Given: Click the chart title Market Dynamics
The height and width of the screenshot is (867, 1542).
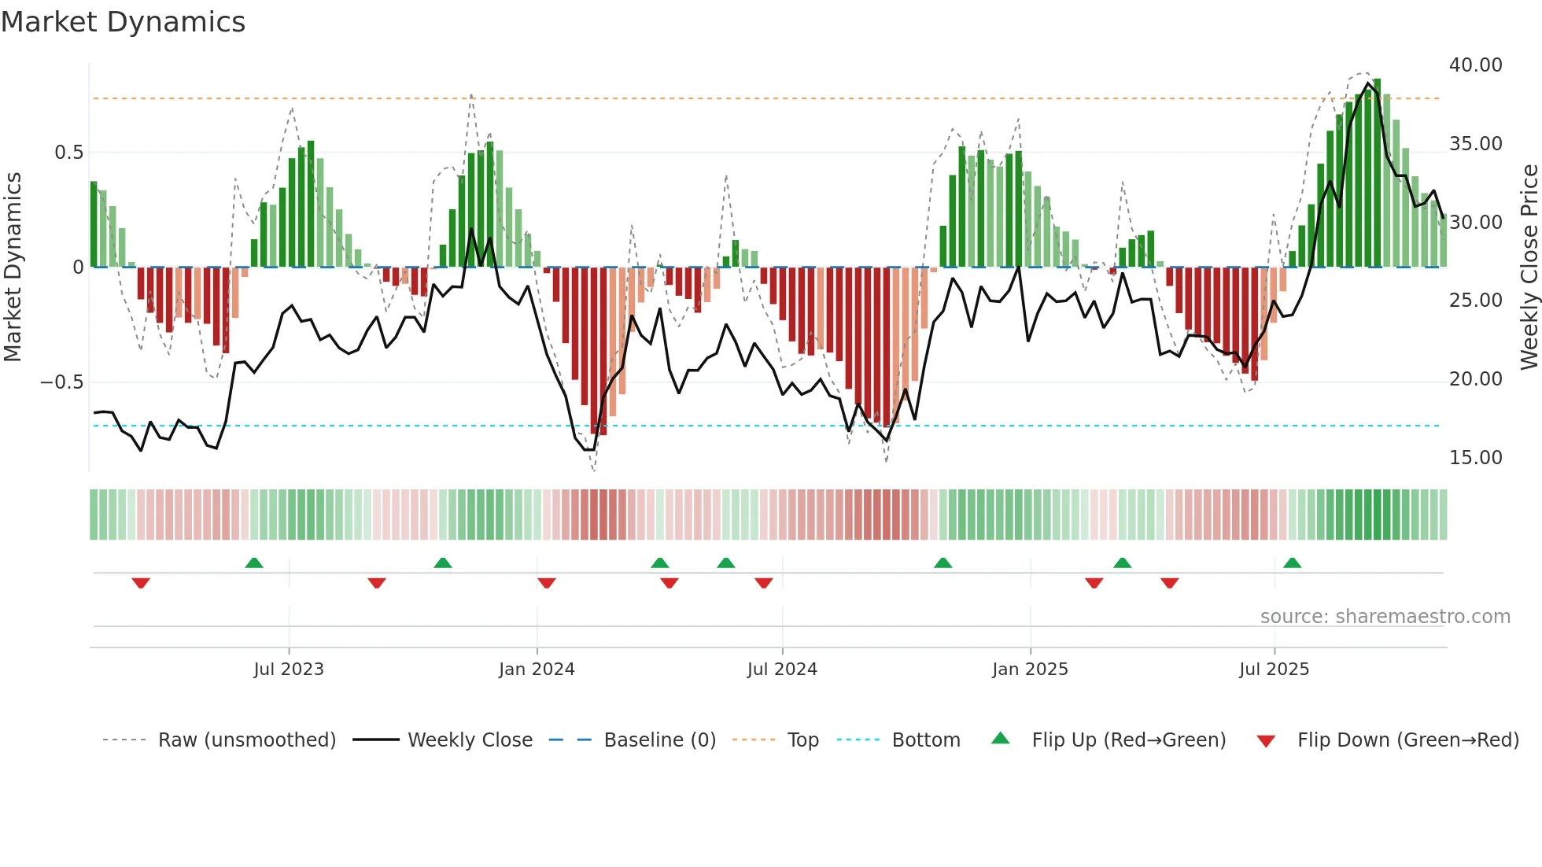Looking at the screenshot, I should (x=124, y=22).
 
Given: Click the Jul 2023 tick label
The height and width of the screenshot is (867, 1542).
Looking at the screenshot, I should (x=289, y=670).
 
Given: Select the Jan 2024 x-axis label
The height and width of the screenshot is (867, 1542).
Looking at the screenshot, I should (x=537, y=670).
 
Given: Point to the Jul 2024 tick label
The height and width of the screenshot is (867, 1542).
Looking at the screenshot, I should (x=782, y=670).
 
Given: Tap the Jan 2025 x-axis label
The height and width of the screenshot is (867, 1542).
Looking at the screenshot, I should (x=1030, y=670).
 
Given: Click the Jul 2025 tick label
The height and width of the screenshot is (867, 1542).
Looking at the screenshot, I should (x=1274, y=670).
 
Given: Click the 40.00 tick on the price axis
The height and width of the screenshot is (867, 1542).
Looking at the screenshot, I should (x=1475, y=65).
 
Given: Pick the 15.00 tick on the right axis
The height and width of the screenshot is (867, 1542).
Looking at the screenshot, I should (x=1475, y=458).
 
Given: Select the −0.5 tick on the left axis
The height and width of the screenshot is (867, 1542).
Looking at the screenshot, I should (x=61, y=382).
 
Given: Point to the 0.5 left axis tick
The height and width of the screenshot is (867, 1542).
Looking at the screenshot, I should (x=68, y=153).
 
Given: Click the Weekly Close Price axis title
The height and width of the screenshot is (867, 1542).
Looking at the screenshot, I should (x=1529, y=267).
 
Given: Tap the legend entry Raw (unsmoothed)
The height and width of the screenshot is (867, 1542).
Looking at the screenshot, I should (x=246, y=740).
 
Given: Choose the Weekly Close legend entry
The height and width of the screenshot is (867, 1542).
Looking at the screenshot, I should (x=470, y=740).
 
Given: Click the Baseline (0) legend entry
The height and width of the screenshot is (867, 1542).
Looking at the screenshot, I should (x=659, y=740).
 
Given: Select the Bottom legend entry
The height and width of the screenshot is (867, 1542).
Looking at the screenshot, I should (x=925, y=740).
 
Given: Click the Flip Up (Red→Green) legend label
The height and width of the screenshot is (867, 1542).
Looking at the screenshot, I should (x=1128, y=740).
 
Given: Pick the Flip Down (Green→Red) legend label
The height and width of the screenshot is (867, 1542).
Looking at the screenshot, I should (x=1407, y=740).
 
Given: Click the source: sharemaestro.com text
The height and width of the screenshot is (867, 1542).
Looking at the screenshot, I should (x=1385, y=617).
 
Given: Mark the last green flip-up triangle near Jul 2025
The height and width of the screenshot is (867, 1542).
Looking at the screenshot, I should (x=1292, y=563).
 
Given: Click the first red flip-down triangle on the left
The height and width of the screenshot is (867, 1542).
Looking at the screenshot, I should (x=141, y=583).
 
